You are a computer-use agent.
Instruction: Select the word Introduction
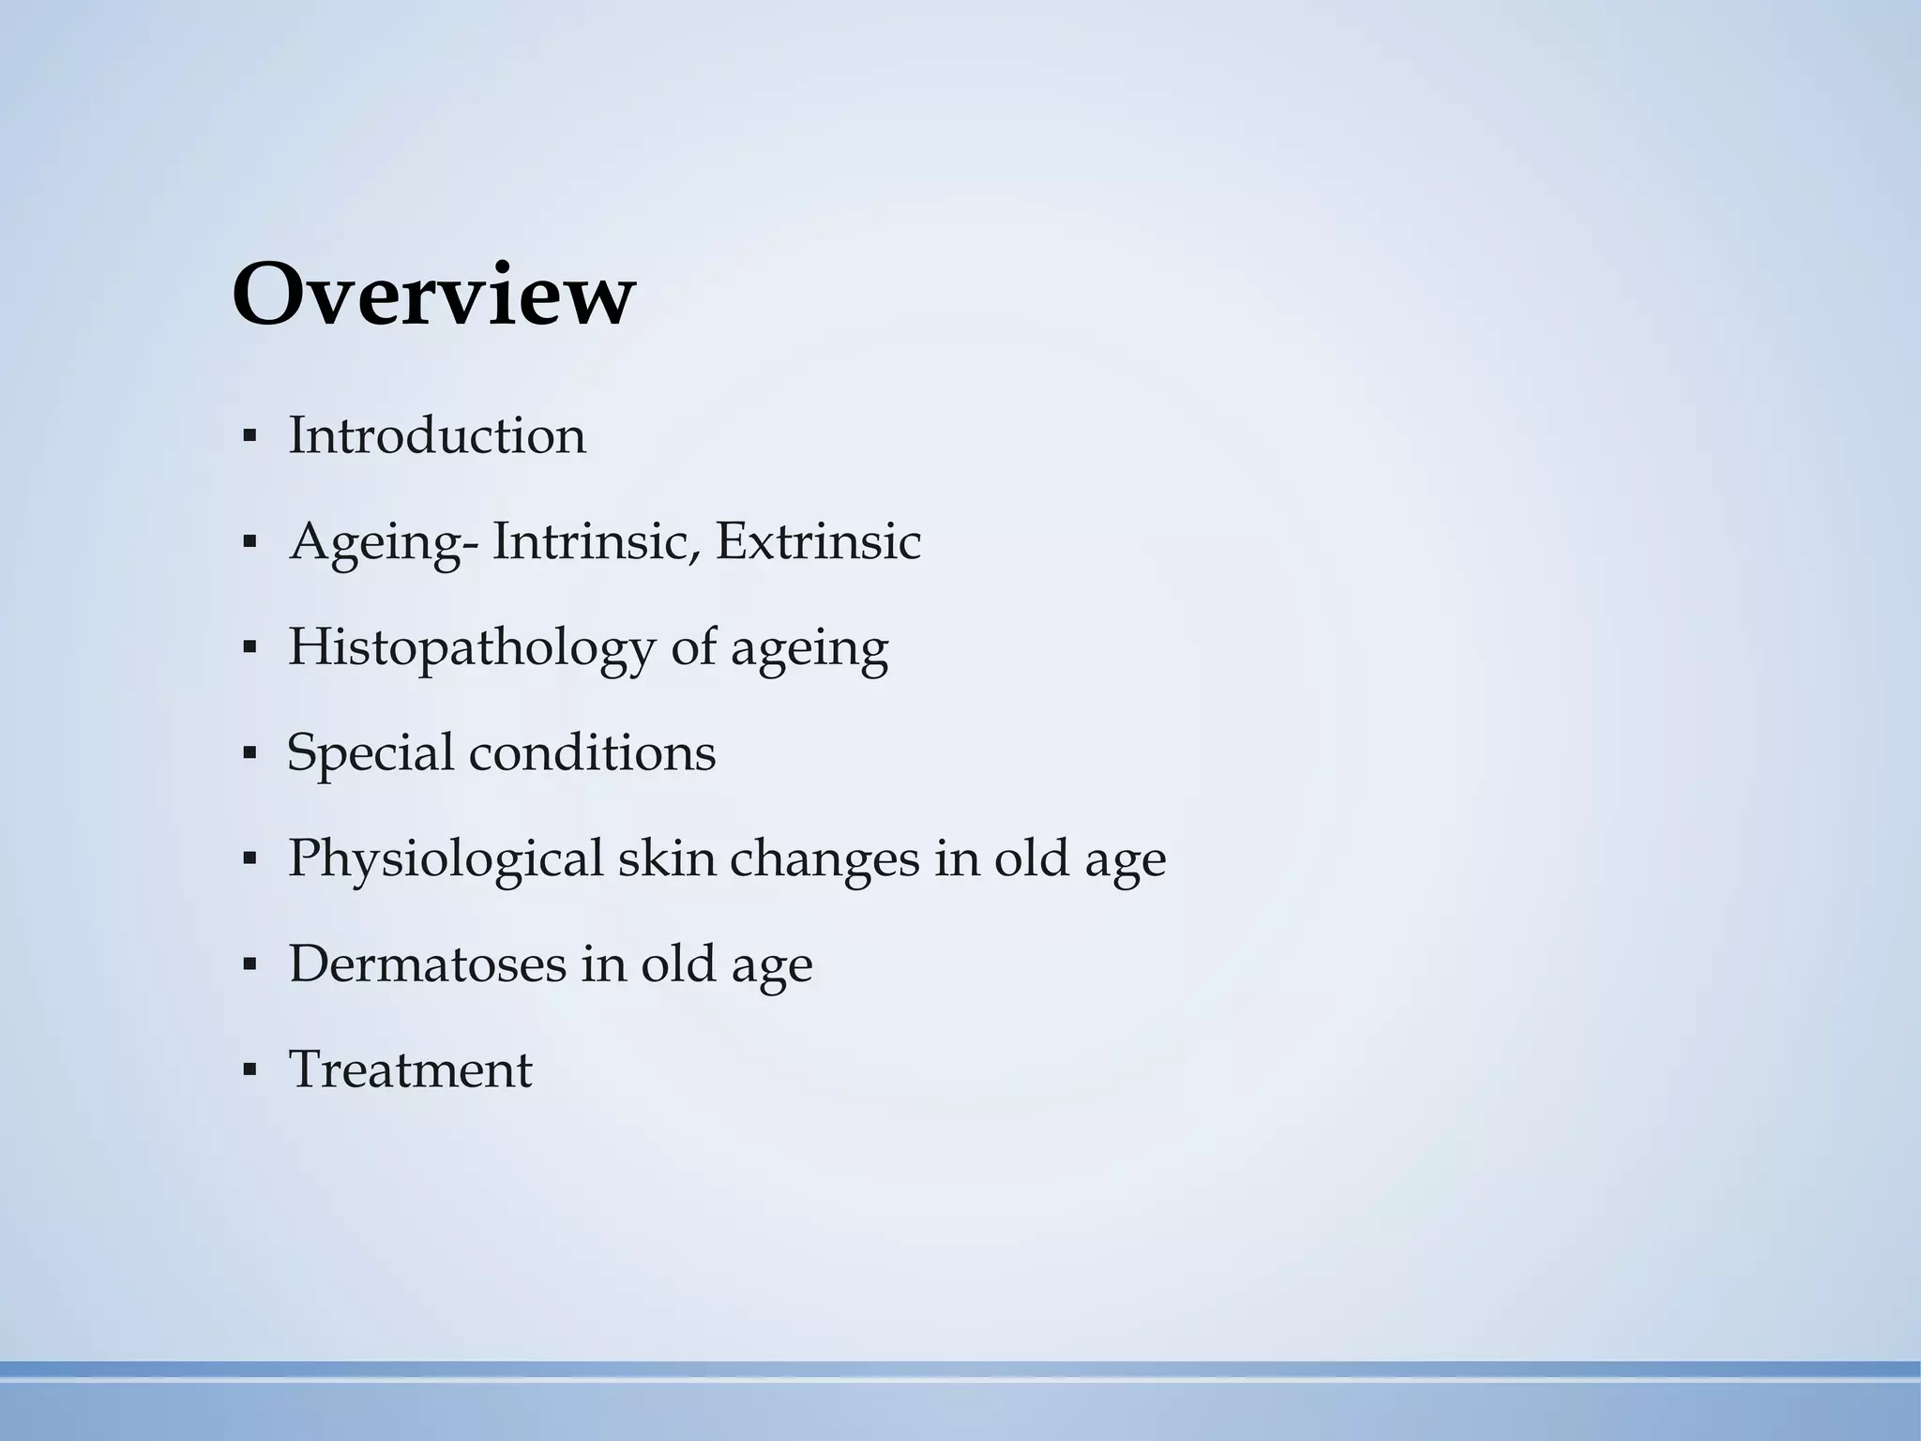pos(437,436)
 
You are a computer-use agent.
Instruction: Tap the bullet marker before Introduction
pos(249,437)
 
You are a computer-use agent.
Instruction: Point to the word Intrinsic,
pos(597,541)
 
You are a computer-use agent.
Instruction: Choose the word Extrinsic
pos(818,541)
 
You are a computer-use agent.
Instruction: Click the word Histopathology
pos(471,648)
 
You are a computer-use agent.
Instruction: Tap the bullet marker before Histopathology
pos(249,648)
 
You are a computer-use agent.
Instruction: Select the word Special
pos(370,753)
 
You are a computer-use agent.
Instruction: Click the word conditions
pos(592,752)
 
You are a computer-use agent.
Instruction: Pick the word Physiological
pos(445,859)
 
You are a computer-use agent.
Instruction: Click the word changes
pos(824,859)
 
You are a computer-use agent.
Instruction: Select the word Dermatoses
pos(427,963)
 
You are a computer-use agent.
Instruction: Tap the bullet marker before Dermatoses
pos(249,964)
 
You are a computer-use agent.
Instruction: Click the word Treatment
pos(411,1069)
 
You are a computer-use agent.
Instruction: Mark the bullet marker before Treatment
pos(249,1070)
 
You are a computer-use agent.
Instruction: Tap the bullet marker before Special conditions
pos(249,753)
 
